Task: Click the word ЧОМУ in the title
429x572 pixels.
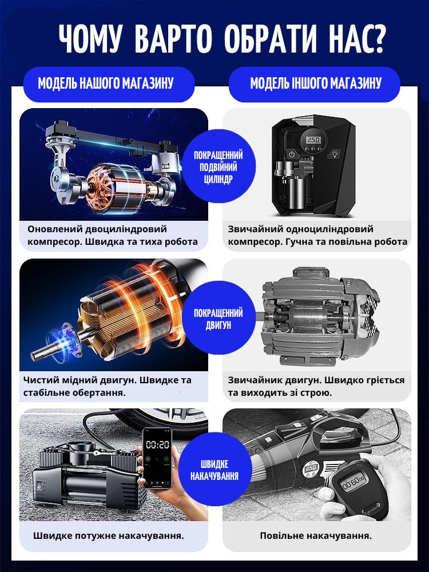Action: click(x=90, y=38)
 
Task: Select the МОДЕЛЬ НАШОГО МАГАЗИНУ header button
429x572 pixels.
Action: click(x=109, y=84)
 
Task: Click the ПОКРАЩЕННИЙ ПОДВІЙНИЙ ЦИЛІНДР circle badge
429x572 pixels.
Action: click(x=218, y=166)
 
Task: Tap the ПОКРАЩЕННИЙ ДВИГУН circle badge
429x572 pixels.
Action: click(x=218, y=318)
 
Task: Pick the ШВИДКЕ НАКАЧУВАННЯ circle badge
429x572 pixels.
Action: click(x=214, y=469)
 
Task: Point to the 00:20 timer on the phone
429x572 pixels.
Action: click(x=158, y=444)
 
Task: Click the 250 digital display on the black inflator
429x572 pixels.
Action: click(x=313, y=140)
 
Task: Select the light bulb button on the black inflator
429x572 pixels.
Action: click(x=334, y=154)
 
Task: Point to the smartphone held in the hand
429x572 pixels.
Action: click(x=157, y=458)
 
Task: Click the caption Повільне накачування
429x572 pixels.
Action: click(x=316, y=535)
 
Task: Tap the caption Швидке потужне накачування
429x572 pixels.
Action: click(x=108, y=535)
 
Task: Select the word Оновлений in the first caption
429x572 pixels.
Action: click(x=55, y=229)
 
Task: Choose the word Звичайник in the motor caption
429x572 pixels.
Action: click(x=255, y=380)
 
